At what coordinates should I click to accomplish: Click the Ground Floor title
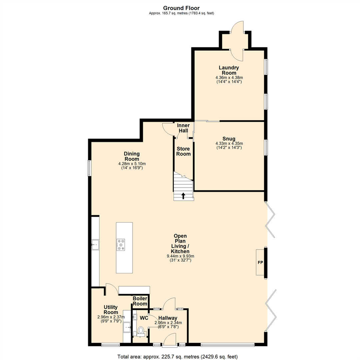(181, 8)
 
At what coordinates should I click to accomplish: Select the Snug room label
(229, 139)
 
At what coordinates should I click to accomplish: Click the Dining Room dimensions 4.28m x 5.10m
(132, 164)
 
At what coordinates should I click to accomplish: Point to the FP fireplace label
(260, 263)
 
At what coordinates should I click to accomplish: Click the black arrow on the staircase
(183, 195)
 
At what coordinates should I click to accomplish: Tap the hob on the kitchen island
(120, 244)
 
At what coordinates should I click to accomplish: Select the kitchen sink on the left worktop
(95, 245)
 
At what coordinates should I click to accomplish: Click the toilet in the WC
(141, 331)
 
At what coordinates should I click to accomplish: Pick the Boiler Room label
(140, 301)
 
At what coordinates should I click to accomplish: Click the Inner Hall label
(183, 128)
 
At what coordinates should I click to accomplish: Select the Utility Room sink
(127, 327)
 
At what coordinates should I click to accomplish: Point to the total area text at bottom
(177, 357)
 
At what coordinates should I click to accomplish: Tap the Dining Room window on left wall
(89, 168)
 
